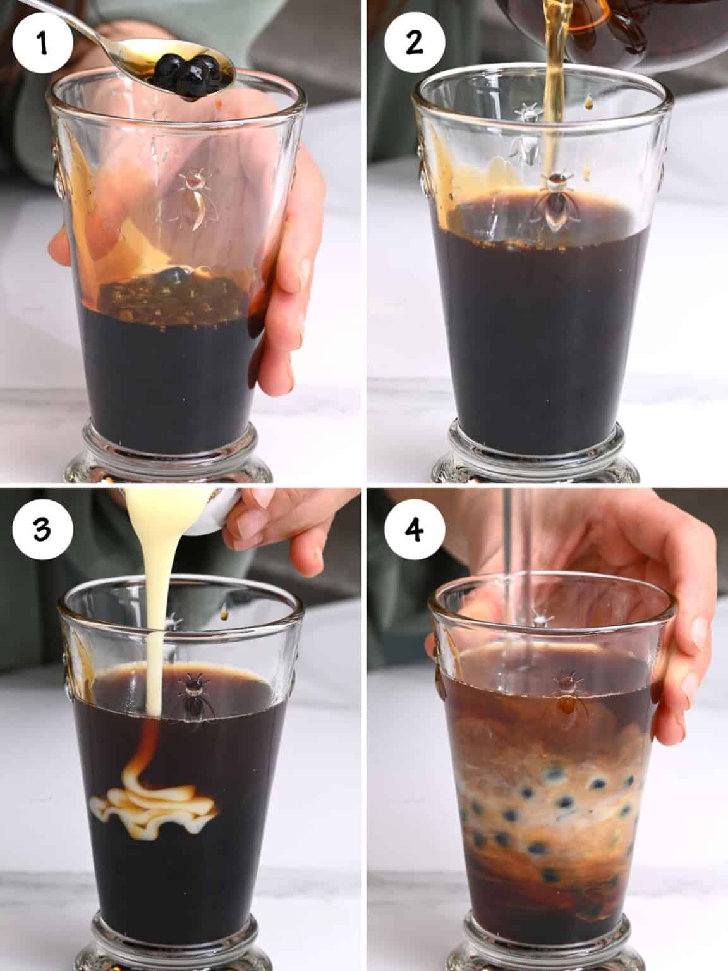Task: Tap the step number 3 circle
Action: coord(42,529)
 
